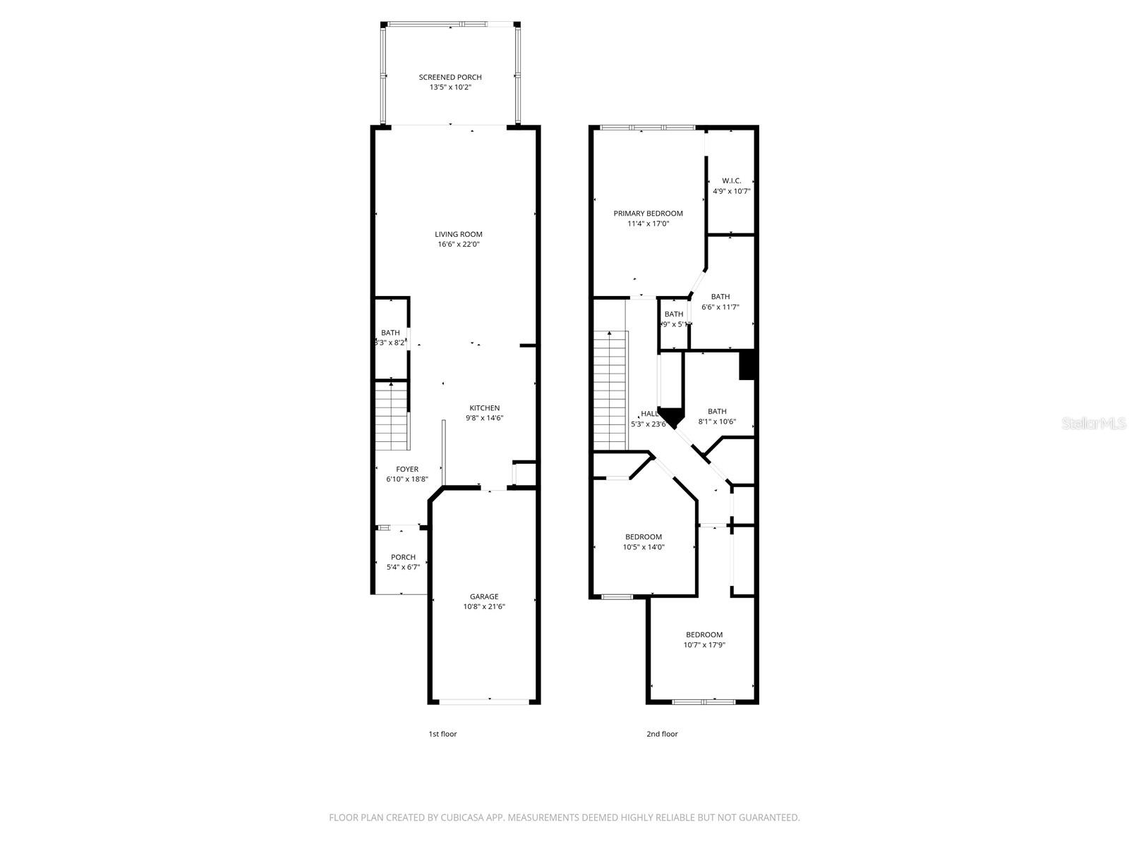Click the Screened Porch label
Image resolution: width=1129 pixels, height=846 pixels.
[450, 78]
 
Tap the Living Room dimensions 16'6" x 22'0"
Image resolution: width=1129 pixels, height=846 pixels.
[459, 245]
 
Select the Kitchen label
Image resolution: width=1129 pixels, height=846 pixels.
[485, 408]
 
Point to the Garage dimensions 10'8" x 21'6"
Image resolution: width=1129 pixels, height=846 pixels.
[484, 607]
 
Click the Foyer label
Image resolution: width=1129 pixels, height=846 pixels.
[407, 469]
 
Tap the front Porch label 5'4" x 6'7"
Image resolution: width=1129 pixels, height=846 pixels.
[403, 562]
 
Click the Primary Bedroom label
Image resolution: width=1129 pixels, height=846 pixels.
[648, 214]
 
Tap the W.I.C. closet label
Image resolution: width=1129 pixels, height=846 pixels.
[731, 181]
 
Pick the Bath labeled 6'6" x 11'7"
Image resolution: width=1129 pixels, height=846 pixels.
[720, 302]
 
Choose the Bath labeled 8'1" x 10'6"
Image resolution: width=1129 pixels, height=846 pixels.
[717, 417]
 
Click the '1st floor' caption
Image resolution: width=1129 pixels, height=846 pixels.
[442, 734]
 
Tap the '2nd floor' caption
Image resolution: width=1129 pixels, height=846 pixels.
[662, 734]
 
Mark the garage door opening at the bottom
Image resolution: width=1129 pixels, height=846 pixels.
[484, 701]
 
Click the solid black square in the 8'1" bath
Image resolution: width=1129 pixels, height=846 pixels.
[747, 365]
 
